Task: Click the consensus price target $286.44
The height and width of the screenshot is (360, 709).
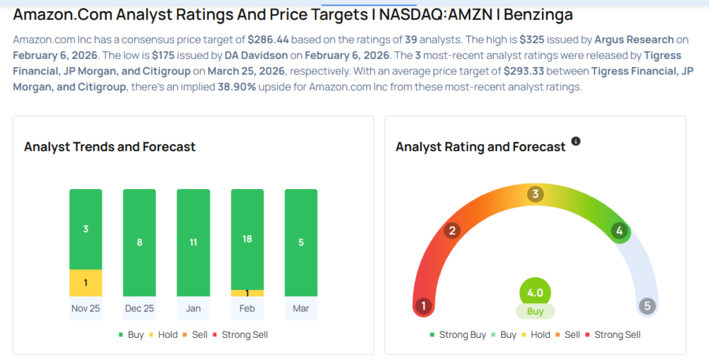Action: click(x=271, y=39)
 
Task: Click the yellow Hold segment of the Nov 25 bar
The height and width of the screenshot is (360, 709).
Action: click(x=85, y=282)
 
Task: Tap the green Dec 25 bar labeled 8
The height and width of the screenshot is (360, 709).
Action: click(x=139, y=242)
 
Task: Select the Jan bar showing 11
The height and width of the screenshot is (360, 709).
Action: click(x=193, y=242)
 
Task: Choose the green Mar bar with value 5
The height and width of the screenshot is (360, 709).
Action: click(x=301, y=242)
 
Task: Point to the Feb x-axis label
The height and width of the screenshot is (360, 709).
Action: click(x=247, y=308)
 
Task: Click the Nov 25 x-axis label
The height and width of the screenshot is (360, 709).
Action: click(x=85, y=308)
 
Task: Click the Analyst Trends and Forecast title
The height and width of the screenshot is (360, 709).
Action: click(x=109, y=147)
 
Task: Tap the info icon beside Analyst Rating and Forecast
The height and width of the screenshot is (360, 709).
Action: click(x=575, y=141)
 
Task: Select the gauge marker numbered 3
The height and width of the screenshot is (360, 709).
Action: click(x=535, y=194)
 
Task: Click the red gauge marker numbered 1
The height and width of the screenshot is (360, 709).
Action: click(x=423, y=305)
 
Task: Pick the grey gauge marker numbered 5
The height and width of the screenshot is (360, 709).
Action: click(x=647, y=305)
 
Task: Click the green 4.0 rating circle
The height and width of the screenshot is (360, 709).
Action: click(x=535, y=291)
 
